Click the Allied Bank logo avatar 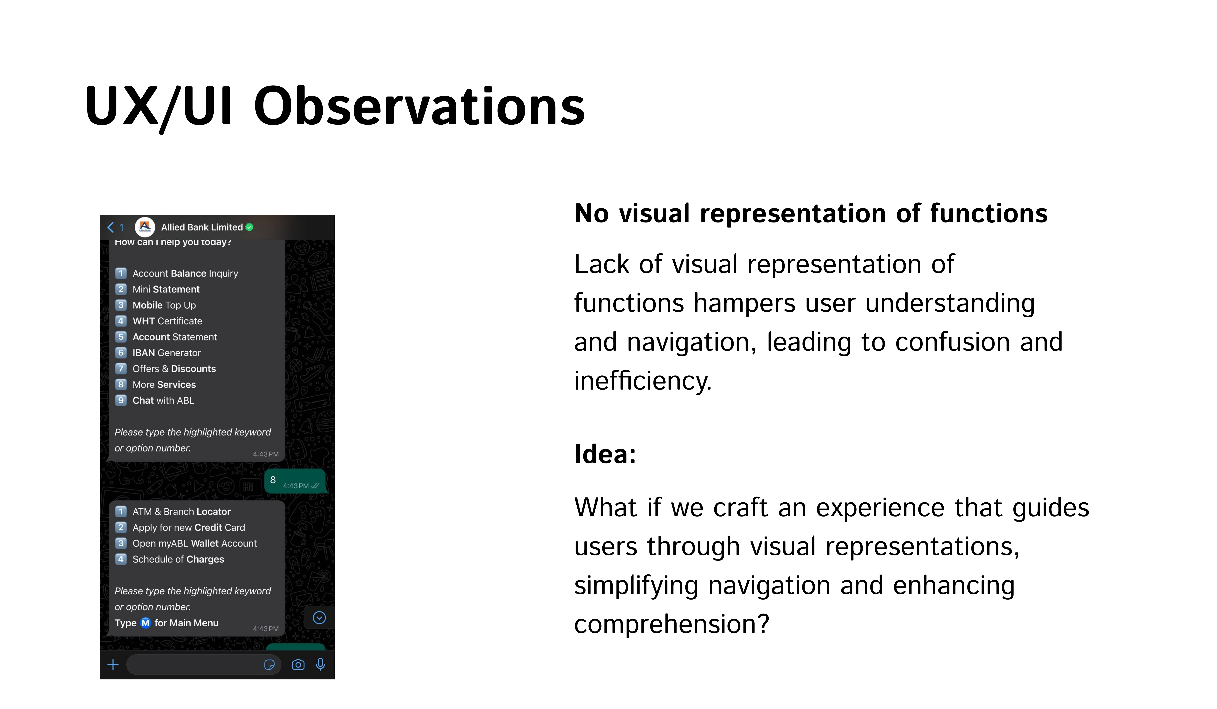145,227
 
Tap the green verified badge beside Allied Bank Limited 249,227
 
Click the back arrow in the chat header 111,227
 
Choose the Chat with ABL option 163,400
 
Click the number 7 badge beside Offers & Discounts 121,368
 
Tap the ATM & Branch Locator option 181,511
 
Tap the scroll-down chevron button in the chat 319,618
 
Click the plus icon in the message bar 113,665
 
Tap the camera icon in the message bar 299,665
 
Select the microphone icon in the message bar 320,665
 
